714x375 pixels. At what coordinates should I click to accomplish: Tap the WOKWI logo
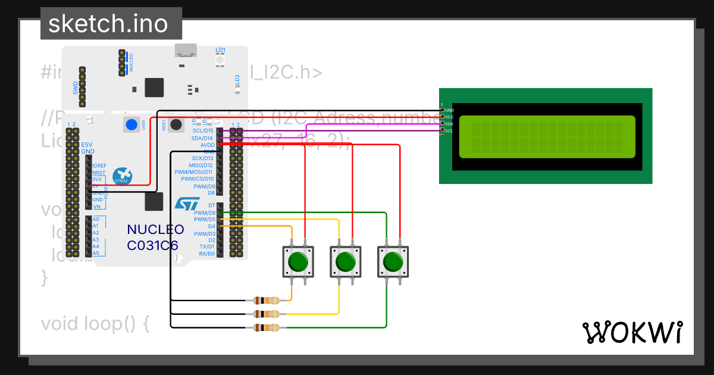coord(632,332)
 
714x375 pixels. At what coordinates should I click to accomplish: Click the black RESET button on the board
coord(176,125)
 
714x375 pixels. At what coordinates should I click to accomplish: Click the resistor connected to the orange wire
coord(266,301)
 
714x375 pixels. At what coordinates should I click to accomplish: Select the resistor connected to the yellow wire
coord(266,314)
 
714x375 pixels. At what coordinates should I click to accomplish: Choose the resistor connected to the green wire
coord(266,327)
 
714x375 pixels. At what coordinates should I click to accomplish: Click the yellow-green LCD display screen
coord(547,136)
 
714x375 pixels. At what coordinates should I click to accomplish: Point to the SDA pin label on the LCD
coord(449,124)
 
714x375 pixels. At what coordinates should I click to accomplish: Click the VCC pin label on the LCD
coord(449,117)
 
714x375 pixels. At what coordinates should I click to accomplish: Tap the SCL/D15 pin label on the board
coord(202,130)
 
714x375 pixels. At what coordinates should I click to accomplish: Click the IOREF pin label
coord(99,165)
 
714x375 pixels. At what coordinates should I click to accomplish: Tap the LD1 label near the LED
coord(220,49)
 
